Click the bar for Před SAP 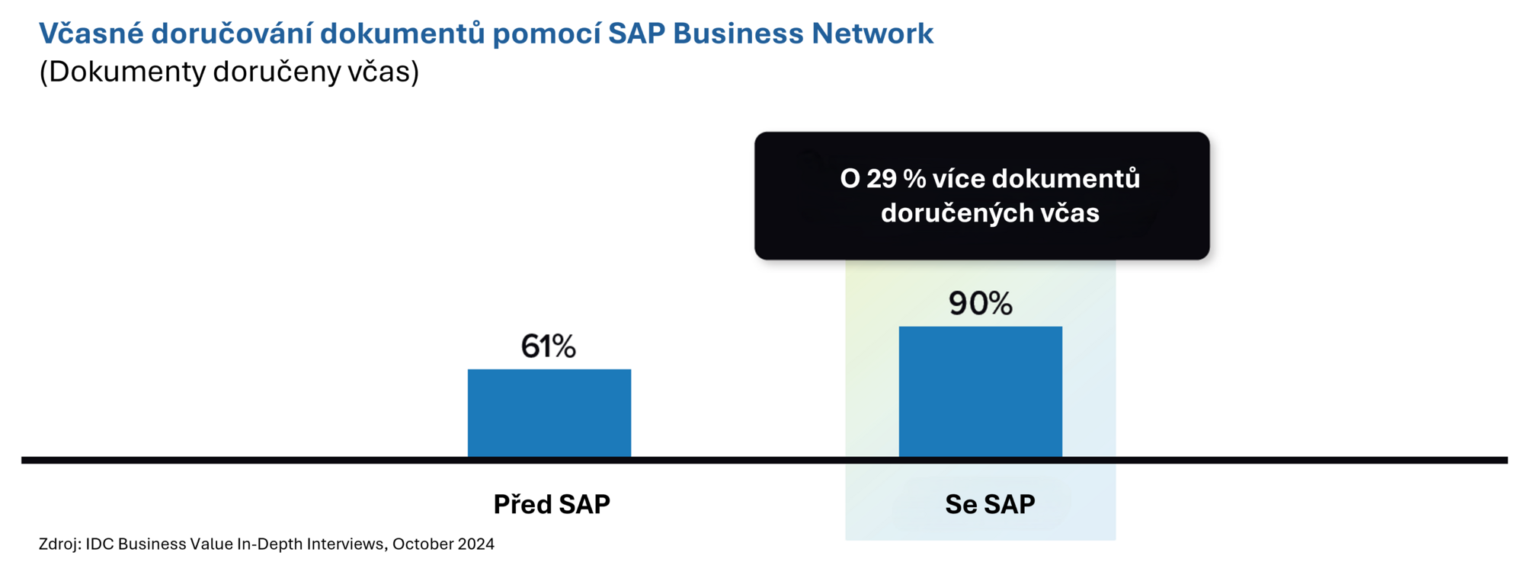[549, 413]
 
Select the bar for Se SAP [980, 391]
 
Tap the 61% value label [548, 346]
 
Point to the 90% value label [980, 304]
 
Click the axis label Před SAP [552, 504]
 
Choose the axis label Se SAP [990, 504]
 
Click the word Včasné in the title [91, 34]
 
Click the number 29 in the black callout [882, 179]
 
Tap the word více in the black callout [959, 179]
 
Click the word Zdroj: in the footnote [59, 544]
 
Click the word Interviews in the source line [349, 544]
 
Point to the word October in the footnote [423, 544]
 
